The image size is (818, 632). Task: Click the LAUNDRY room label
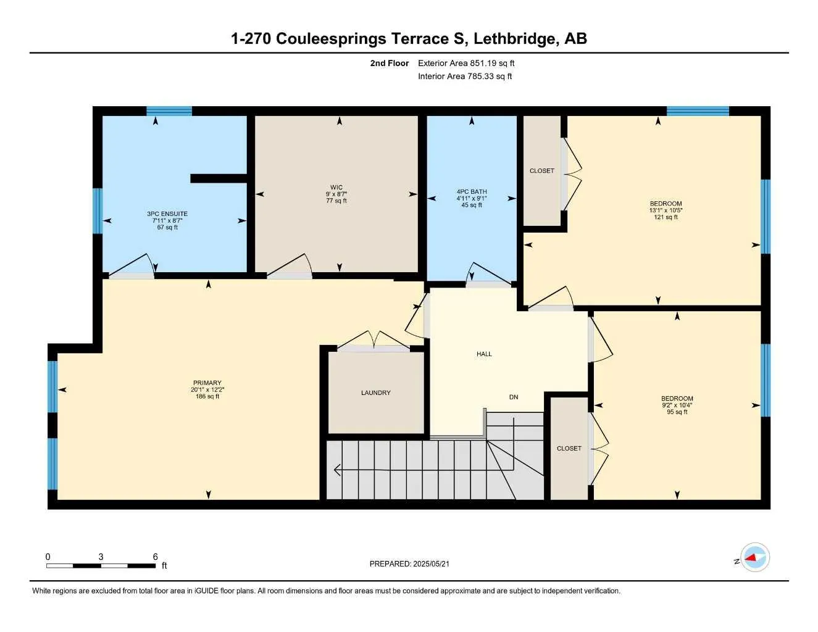point(375,393)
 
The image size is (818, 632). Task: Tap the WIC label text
point(336,188)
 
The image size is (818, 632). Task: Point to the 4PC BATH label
point(472,192)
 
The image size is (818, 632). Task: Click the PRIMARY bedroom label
point(207,383)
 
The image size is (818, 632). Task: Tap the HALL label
point(484,354)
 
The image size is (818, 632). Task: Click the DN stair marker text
point(513,397)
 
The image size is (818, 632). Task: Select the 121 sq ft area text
point(666,217)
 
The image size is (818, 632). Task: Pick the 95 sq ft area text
point(677,412)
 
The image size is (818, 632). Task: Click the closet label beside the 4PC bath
point(541,171)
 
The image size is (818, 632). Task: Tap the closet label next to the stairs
point(569,449)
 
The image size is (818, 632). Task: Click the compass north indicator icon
point(754,558)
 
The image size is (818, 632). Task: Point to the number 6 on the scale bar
point(156,557)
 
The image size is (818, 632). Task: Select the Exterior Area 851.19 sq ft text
point(466,63)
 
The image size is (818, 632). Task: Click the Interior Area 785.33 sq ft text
point(465,77)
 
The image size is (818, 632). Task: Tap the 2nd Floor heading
point(389,63)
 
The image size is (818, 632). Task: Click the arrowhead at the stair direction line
point(336,470)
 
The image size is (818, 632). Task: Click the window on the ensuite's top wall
point(169,111)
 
